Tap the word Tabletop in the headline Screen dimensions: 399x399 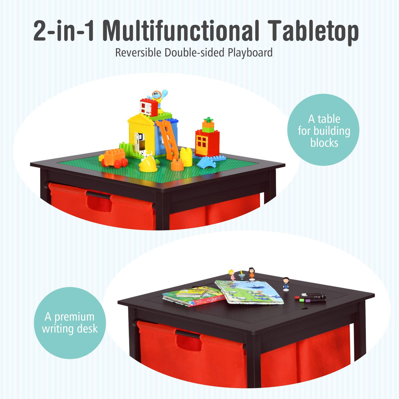click(x=313, y=32)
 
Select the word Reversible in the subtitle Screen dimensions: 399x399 click(x=138, y=53)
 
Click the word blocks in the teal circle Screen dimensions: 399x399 click(x=324, y=143)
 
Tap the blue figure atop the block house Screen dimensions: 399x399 click(x=158, y=96)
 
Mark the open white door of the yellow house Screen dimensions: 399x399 click(x=139, y=141)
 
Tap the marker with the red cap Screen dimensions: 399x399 click(x=298, y=298)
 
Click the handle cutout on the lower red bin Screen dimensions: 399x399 click(x=189, y=343)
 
